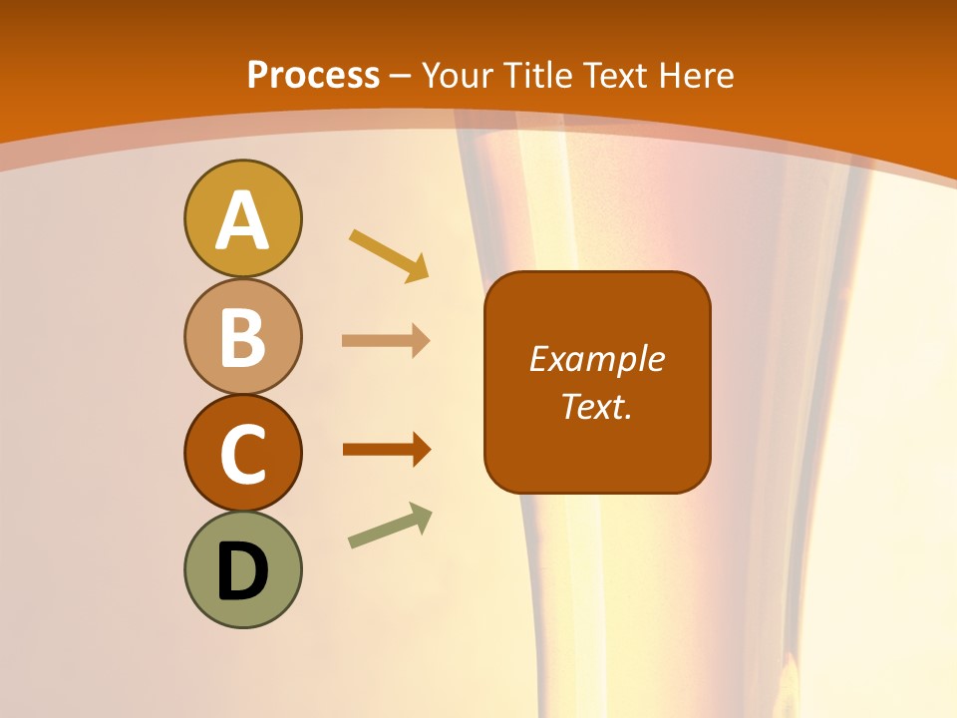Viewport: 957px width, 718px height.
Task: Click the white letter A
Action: tap(242, 220)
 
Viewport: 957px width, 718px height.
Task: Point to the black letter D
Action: tap(242, 571)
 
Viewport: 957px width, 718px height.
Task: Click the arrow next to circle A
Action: tap(390, 255)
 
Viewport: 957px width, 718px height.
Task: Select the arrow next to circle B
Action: tap(386, 341)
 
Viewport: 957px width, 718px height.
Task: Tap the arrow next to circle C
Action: tap(387, 450)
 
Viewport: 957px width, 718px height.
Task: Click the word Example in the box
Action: tap(596, 359)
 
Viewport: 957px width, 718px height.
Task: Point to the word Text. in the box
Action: tap(596, 407)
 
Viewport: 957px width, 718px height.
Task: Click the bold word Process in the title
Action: tap(313, 76)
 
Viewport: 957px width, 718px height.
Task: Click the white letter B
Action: tap(242, 338)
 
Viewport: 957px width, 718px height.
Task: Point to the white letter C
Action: tap(242, 454)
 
